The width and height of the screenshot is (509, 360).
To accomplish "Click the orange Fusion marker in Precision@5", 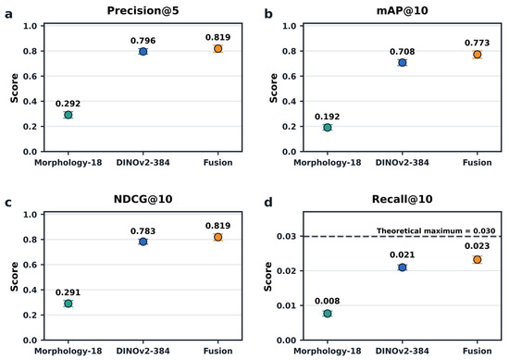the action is pyautogui.click(x=217, y=49).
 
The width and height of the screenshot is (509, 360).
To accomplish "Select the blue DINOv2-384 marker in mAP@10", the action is pyautogui.click(x=403, y=63).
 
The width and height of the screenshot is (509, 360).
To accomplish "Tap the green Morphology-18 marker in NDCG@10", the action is pyautogui.click(x=68, y=304).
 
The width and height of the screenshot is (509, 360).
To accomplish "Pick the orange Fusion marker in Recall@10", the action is pyautogui.click(x=477, y=259).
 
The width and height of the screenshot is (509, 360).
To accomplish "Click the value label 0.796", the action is pyautogui.click(x=143, y=41).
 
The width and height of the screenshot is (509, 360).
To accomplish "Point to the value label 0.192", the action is pyautogui.click(x=328, y=117).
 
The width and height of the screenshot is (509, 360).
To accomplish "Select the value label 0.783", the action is pyautogui.click(x=143, y=231).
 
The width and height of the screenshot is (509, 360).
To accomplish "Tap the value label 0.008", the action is pyautogui.click(x=328, y=301).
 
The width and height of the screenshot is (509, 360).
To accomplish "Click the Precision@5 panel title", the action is pyautogui.click(x=143, y=11).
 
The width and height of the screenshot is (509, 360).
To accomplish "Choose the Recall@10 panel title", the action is pyautogui.click(x=403, y=199).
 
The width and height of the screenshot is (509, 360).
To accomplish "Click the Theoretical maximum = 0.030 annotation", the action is pyautogui.click(x=436, y=230).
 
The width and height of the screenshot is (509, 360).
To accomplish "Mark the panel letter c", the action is pyautogui.click(x=8, y=203).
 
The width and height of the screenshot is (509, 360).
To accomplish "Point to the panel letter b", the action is pyautogui.click(x=268, y=14).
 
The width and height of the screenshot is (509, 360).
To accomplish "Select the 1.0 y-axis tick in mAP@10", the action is pyautogui.click(x=290, y=26).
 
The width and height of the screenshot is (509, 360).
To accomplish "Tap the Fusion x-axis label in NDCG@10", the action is pyautogui.click(x=217, y=351).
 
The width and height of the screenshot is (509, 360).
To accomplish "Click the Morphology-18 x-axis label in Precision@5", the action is pyautogui.click(x=68, y=162).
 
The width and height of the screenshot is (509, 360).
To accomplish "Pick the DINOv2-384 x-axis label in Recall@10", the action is pyautogui.click(x=403, y=351).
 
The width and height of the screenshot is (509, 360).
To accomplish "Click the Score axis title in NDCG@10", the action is pyautogui.click(x=14, y=277).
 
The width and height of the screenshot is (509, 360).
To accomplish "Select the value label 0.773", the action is pyautogui.click(x=477, y=43).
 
